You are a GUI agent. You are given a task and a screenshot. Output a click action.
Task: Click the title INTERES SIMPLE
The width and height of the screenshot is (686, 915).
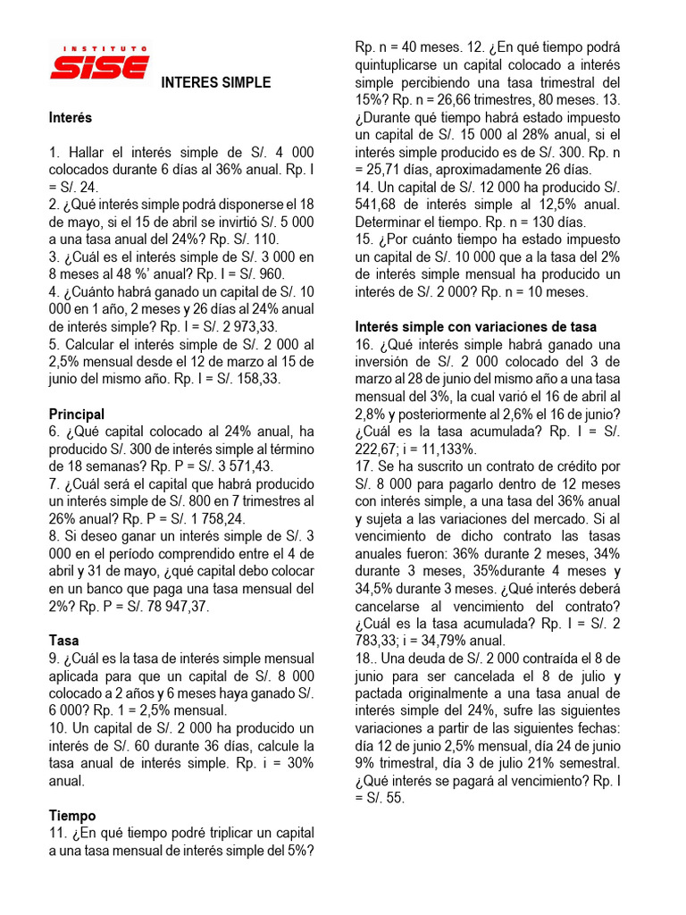point(215,83)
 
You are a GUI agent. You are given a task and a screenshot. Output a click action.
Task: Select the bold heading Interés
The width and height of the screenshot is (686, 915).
point(71,118)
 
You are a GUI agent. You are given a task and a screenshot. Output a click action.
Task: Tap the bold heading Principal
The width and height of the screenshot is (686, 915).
point(77,415)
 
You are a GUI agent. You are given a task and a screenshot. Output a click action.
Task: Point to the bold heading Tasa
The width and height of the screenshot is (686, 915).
point(64,641)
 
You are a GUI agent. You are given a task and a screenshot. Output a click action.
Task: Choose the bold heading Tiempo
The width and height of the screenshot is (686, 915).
point(72,816)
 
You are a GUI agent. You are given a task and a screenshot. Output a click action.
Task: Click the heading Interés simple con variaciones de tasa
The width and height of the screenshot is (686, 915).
point(476,327)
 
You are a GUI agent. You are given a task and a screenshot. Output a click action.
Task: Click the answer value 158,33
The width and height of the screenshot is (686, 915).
point(259,379)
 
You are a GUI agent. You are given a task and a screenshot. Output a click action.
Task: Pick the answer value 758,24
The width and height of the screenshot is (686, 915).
point(220,518)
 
